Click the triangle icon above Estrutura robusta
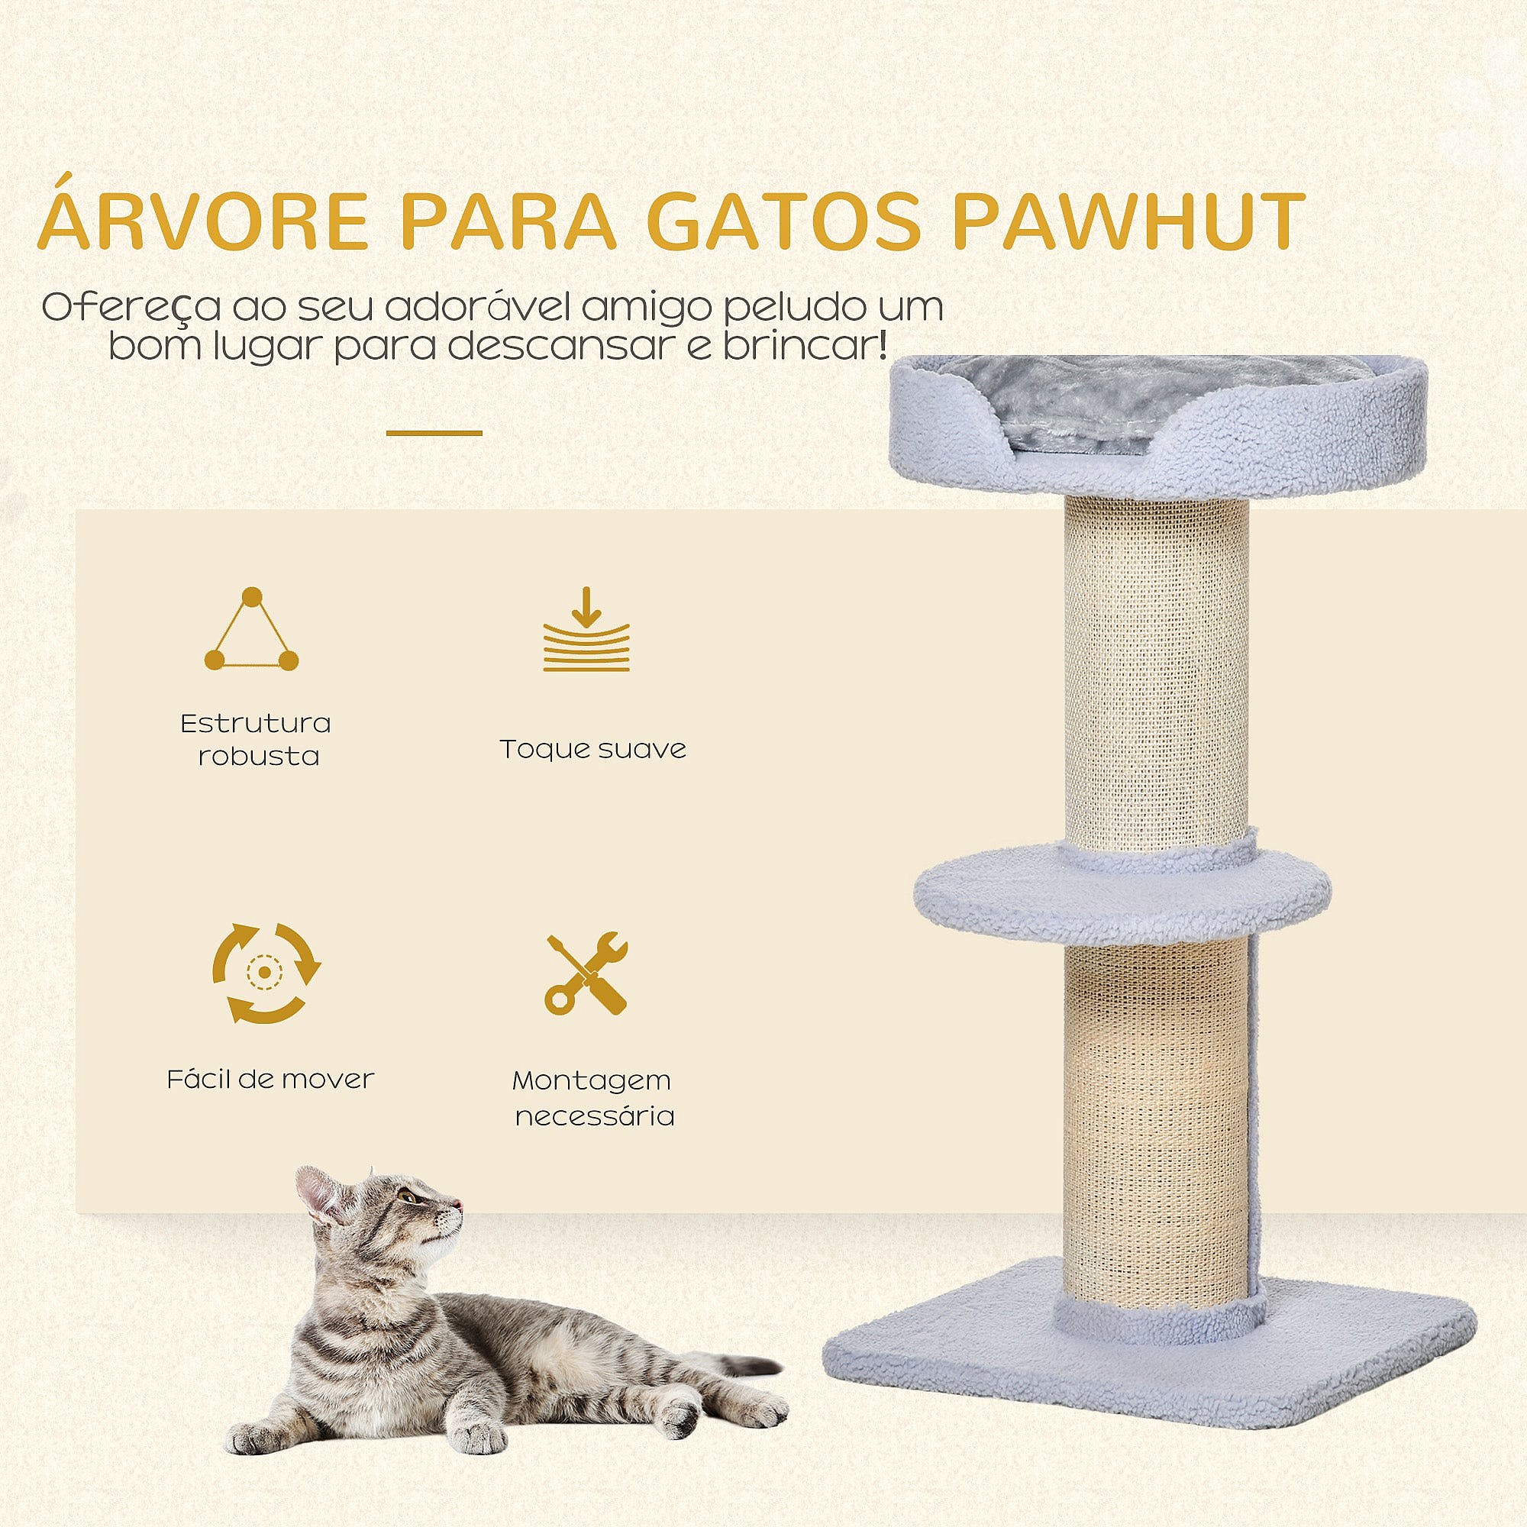point(251,629)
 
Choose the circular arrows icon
point(266,973)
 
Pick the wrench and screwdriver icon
point(586,973)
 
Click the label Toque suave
point(592,749)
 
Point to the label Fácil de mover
point(270,1079)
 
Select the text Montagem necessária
point(592,1099)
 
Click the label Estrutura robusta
point(255,740)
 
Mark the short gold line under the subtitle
point(434,433)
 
